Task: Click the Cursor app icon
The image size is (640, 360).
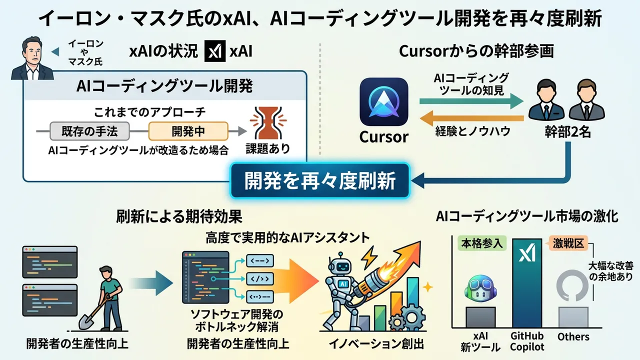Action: (x=383, y=102)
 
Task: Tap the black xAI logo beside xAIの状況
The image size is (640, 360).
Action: (x=215, y=52)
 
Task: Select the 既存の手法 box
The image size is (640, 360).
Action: (x=89, y=131)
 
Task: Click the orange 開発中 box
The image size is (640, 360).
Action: (x=188, y=131)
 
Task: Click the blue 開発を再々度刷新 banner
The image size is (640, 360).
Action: (x=320, y=180)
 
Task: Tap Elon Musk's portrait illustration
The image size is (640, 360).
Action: (x=31, y=61)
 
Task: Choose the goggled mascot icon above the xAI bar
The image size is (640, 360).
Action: (x=480, y=290)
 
